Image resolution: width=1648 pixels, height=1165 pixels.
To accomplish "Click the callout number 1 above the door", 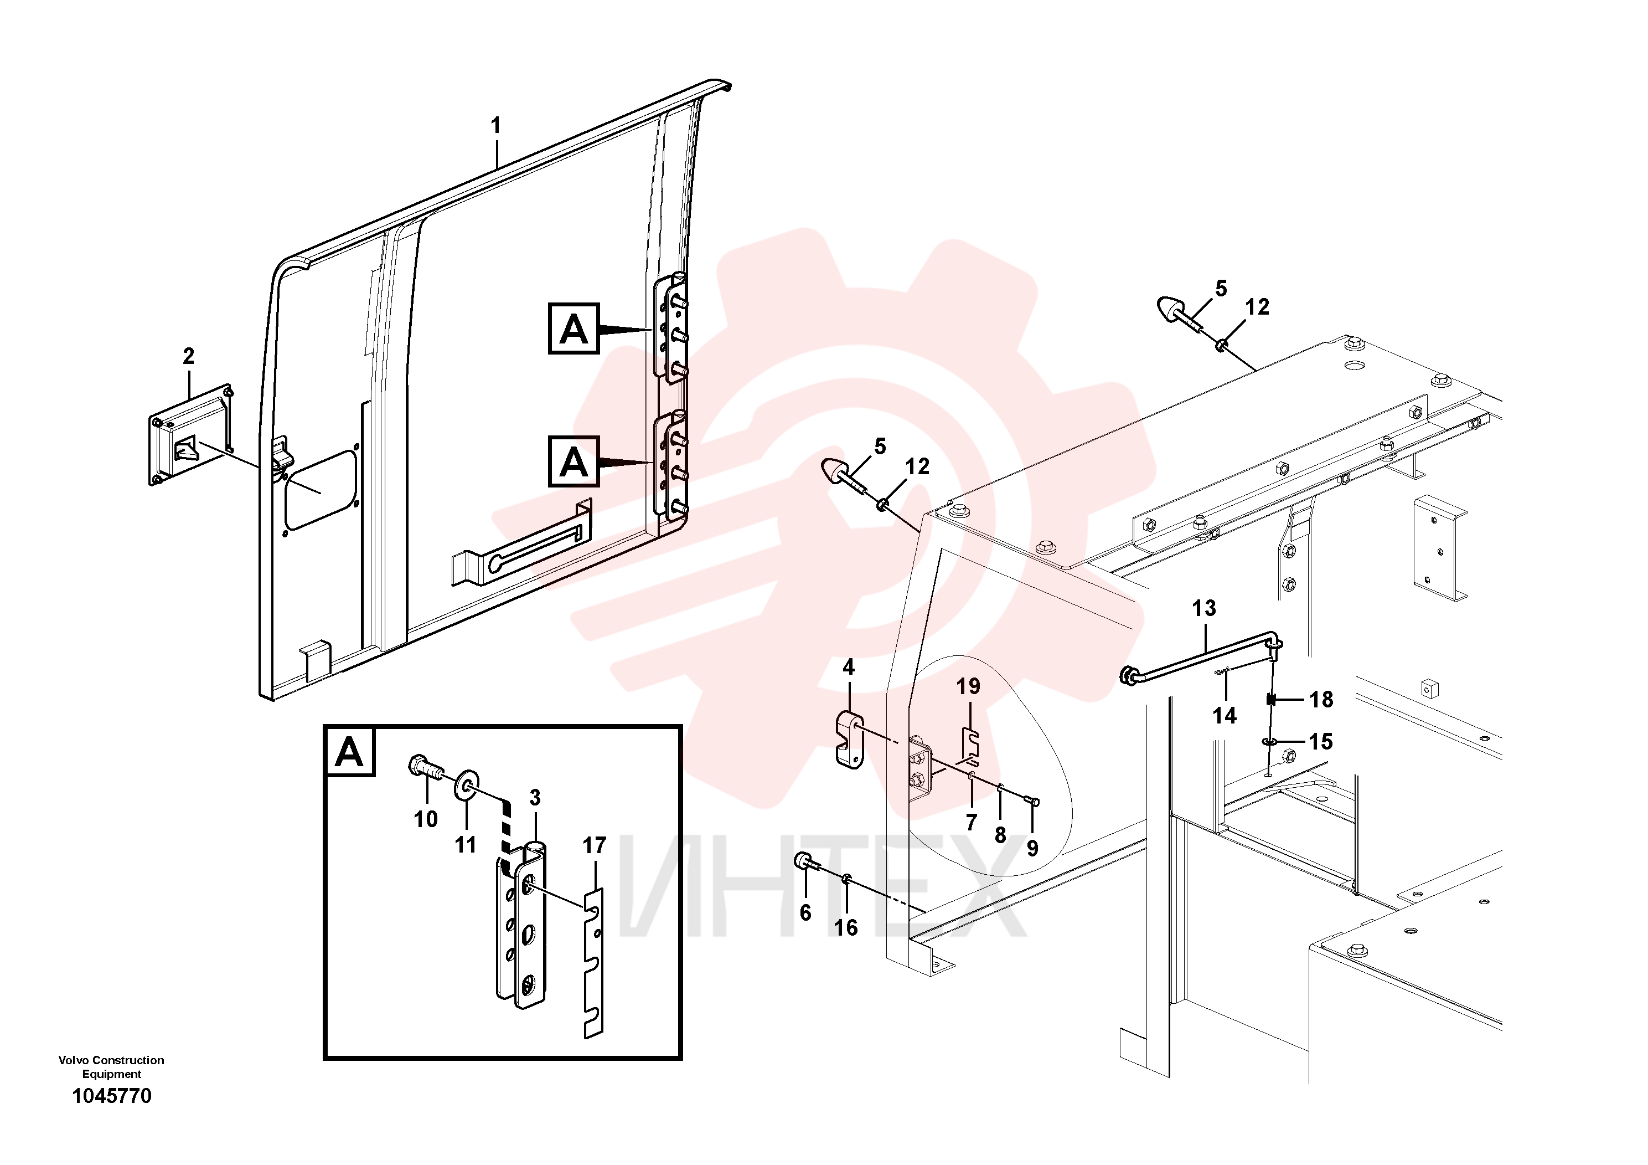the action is coord(495,126).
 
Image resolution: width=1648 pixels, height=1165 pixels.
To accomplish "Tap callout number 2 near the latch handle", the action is coord(188,356).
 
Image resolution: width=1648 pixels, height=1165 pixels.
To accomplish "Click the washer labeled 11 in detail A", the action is coord(467,784).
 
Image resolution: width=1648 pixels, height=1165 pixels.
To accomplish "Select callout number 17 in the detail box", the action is coord(595,845).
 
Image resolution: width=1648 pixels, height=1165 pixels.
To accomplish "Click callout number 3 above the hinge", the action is coord(535,797).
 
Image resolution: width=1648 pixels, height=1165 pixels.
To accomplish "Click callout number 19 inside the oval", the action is coord(968,686).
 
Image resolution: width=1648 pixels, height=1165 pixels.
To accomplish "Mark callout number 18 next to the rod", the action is coord(1321,699).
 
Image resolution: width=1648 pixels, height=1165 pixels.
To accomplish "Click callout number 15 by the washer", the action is coord(1321,741).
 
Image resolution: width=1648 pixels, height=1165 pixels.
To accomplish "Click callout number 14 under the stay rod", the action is coord(1225,715).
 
